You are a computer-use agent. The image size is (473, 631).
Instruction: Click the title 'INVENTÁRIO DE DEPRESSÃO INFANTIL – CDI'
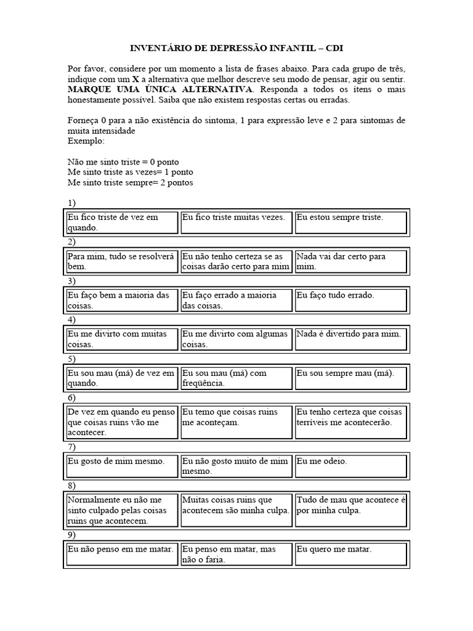click(x=236, y=47)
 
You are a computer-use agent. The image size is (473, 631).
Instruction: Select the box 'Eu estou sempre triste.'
click(x=350, y=222)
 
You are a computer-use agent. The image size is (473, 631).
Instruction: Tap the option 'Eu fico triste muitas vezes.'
click(x=236, y=222)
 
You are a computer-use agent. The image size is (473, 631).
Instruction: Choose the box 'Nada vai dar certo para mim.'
click(x=350, y=261)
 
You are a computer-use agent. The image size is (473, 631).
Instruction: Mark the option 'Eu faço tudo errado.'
click(x=350, y=300)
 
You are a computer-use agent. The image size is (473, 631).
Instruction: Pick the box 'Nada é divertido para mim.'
click(x=350, y=339)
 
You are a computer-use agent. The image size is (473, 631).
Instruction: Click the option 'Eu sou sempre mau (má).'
click(x=350, y=378)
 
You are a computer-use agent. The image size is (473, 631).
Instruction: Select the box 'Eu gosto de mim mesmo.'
click(x=122, y=466)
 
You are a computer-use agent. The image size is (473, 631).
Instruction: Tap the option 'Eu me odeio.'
click(x=350, y=466)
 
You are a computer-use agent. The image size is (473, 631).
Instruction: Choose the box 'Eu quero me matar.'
click(x=350, y=554)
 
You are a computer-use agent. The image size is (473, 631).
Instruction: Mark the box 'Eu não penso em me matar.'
click(x=122, y=554)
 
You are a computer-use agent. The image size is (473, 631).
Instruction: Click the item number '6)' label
click(x=72, y=397)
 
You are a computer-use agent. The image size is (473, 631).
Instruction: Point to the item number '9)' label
click(x=72, y=535)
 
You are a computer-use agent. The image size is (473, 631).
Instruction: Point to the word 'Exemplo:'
click(x=86, y=141)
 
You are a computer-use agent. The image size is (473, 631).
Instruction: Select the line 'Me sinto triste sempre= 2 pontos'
click(x=130, y=183)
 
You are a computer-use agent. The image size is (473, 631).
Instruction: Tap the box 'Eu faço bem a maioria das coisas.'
click(x=122, y=300)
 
